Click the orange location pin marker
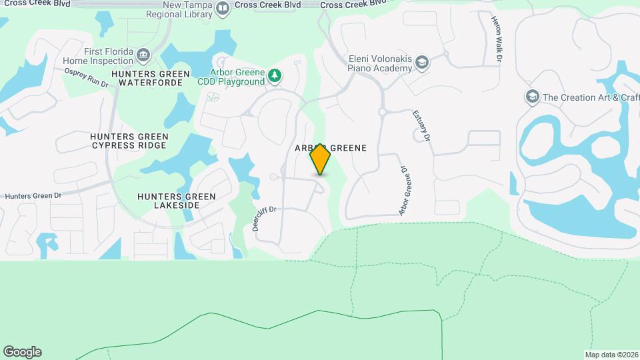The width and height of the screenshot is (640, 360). [x=320, y=159]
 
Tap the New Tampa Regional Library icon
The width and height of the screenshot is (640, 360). [x=223, y=8]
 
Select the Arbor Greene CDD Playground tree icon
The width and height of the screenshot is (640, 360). [x=275, y=77]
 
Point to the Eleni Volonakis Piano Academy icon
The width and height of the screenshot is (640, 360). [x=421, y=63]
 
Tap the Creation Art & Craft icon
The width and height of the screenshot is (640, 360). [x=531, y=97]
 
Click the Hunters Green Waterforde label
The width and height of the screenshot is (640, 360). [x=151, y=78]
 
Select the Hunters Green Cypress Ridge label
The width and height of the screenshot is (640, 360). [x=129, y=141]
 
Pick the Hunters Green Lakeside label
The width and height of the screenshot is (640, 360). [x=177, y=201]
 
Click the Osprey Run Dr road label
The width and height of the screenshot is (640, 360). [x=86, y=78]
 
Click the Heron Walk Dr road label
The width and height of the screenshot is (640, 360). [x=497, y=41]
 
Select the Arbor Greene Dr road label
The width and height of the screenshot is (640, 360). [x=403, y=191]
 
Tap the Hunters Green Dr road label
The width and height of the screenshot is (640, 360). [x=33, y=196]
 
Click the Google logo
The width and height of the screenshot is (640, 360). [x=22, y=352]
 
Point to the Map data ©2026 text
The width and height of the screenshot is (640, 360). [x=611, y=355]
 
